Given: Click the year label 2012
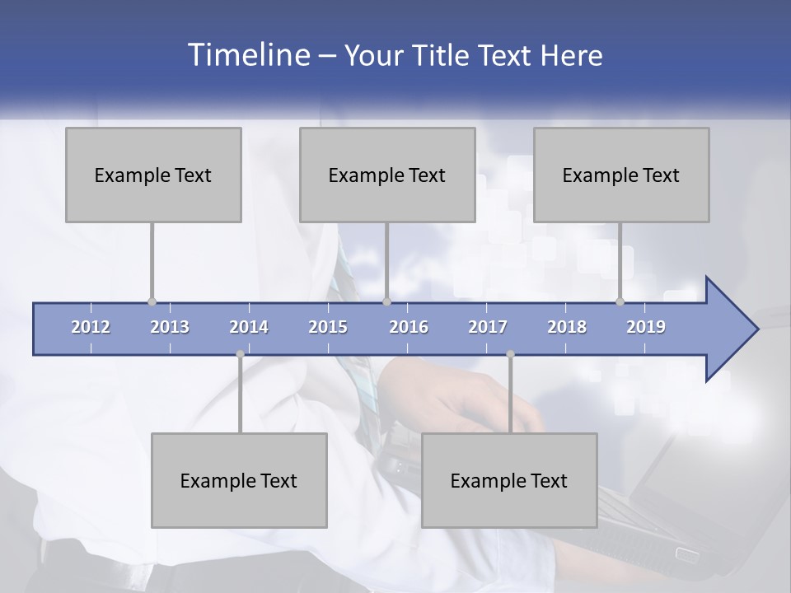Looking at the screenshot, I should tap(91, 327).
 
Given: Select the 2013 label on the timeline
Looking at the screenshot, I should tap(170, 327).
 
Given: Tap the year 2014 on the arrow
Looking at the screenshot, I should tap(249, 327).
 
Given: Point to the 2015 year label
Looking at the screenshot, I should tap(328, 327).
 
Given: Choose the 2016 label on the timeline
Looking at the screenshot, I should tap(409, 327).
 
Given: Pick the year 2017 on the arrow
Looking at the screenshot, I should tap(488, 327).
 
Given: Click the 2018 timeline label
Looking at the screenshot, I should tap(567, 327).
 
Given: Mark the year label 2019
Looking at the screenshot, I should tap(646, 327).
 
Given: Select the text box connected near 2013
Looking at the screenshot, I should tap(153, 175).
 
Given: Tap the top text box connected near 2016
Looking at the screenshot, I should tap(387, 175).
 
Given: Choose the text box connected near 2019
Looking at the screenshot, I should tap(621, 175).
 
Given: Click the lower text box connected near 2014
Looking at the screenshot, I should tap(239, 480).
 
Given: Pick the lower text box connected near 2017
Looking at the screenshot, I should tap(509, 480).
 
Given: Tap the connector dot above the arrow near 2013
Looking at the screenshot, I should tap(152, 301).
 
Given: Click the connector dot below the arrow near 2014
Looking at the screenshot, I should tap(240, 354).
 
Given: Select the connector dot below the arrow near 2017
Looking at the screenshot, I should tap(510, 354).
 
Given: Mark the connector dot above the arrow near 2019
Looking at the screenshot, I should tap(620, 301).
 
